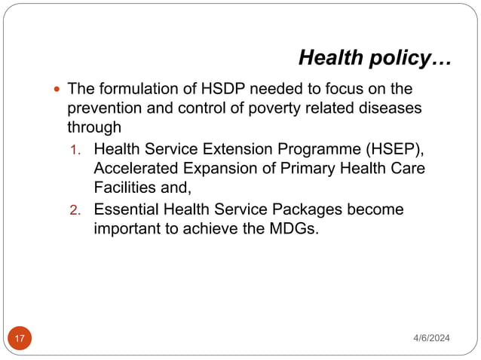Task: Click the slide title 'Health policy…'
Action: [375, 57]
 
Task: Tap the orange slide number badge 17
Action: [20, 338]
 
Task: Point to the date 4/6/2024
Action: [430, 338]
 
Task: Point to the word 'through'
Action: [94, 127]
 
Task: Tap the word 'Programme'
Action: [308, 148]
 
